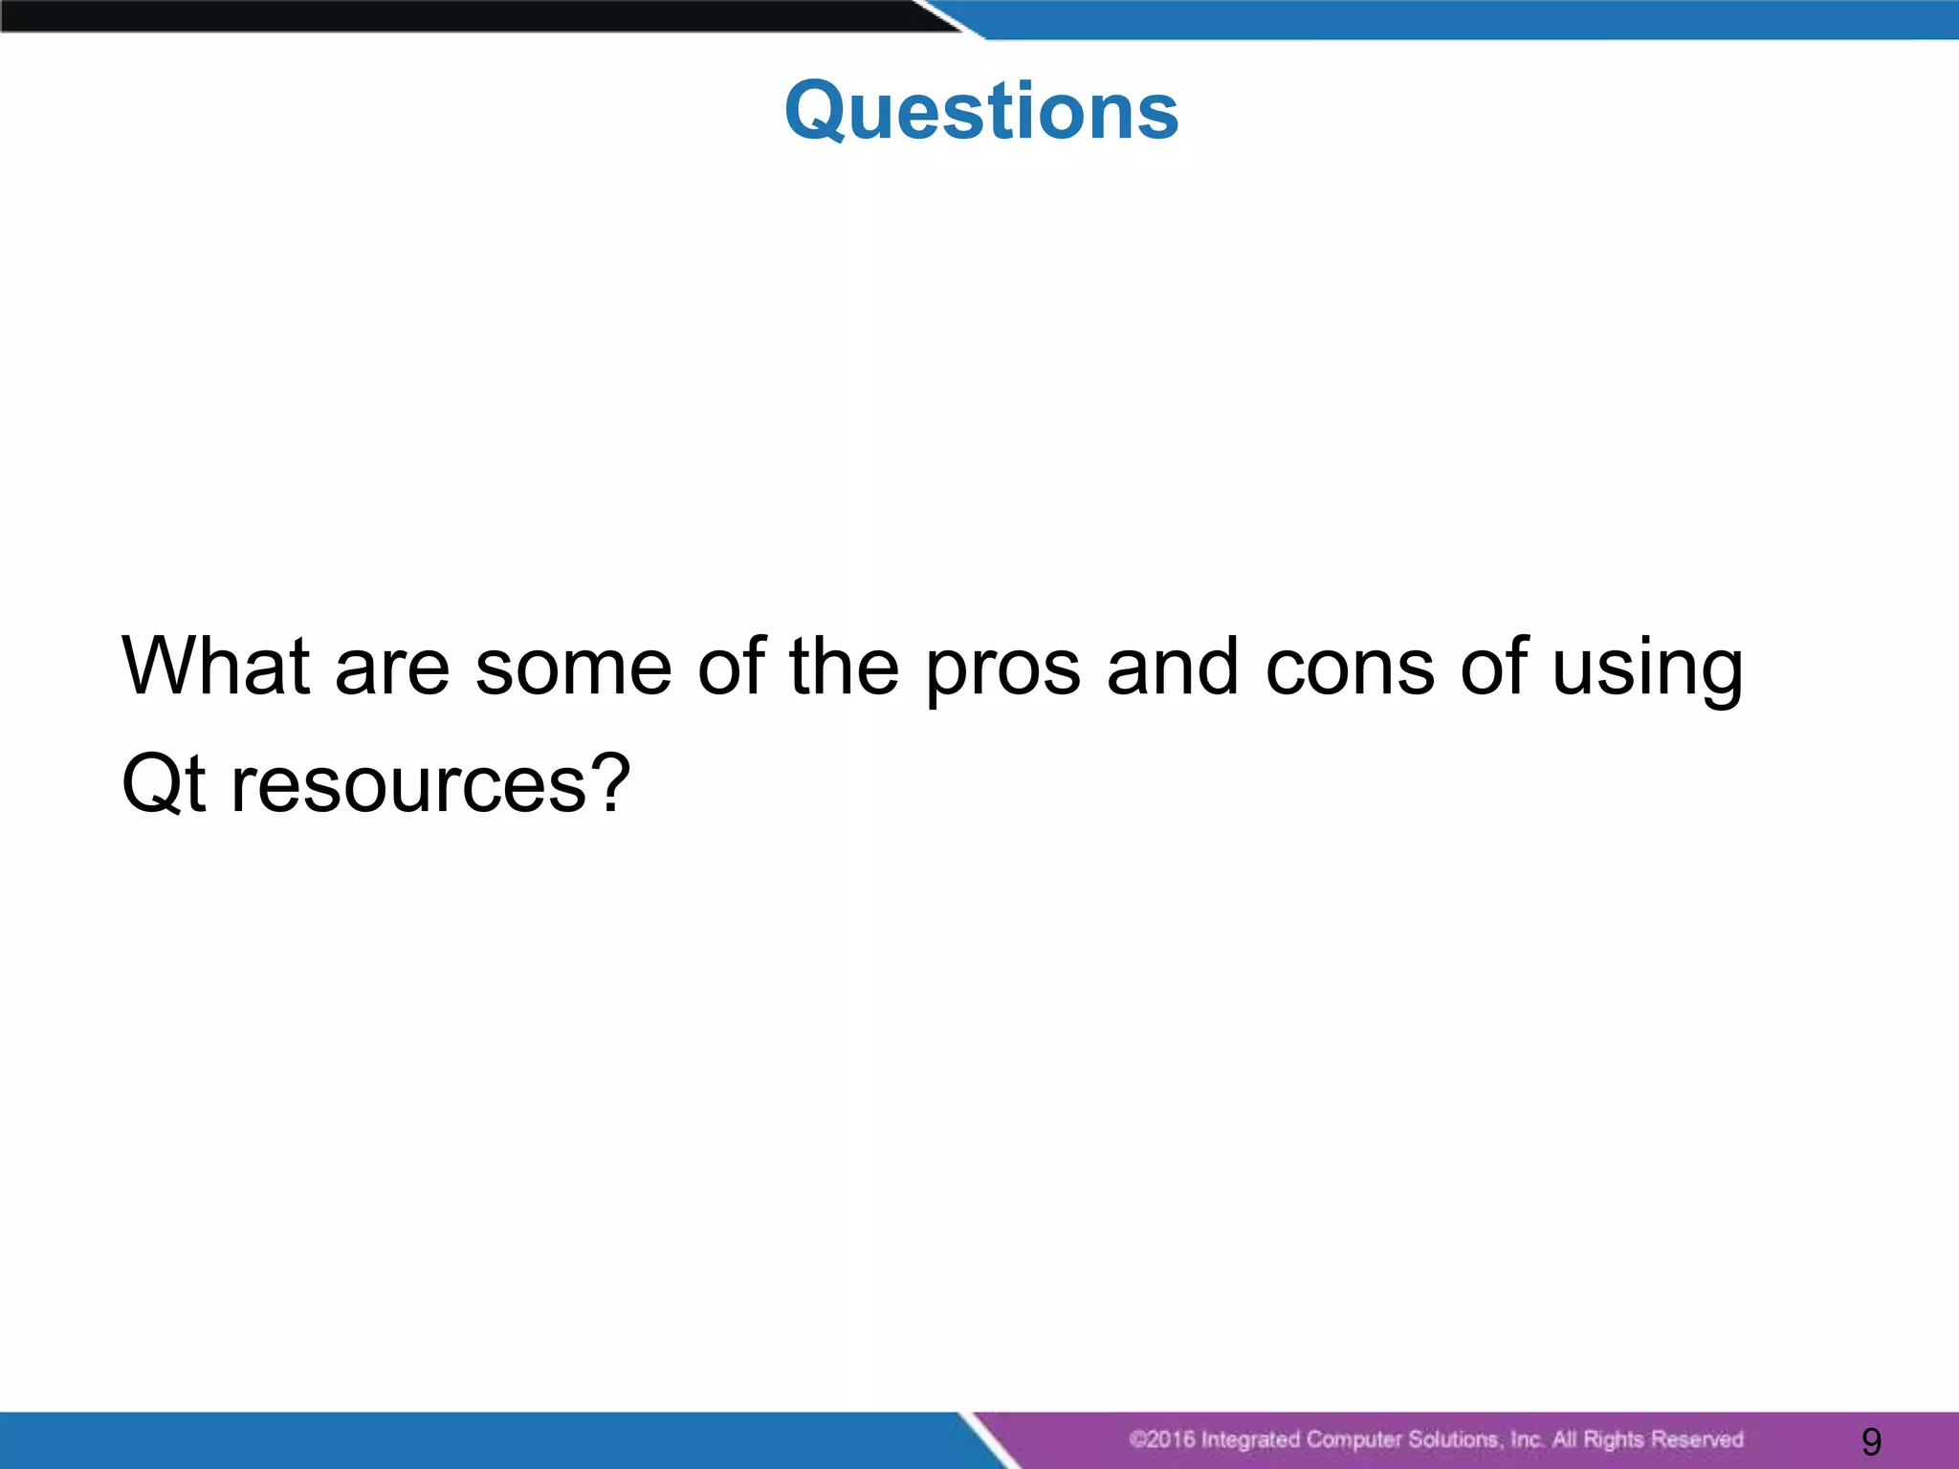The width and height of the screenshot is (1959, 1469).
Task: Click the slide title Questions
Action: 981,111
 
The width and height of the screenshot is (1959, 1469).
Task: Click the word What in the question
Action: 216,666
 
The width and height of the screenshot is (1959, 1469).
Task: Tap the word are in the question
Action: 392,668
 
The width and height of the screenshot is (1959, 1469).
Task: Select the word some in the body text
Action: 574,668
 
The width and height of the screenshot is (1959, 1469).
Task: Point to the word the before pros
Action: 844,666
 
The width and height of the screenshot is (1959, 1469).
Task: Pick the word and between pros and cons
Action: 1174,666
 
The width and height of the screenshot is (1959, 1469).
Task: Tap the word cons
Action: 1350,668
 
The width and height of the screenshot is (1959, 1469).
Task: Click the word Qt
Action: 164,784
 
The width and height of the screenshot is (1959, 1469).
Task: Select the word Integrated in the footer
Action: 1249,1439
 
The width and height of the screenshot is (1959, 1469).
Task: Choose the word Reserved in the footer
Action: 1697,1439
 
